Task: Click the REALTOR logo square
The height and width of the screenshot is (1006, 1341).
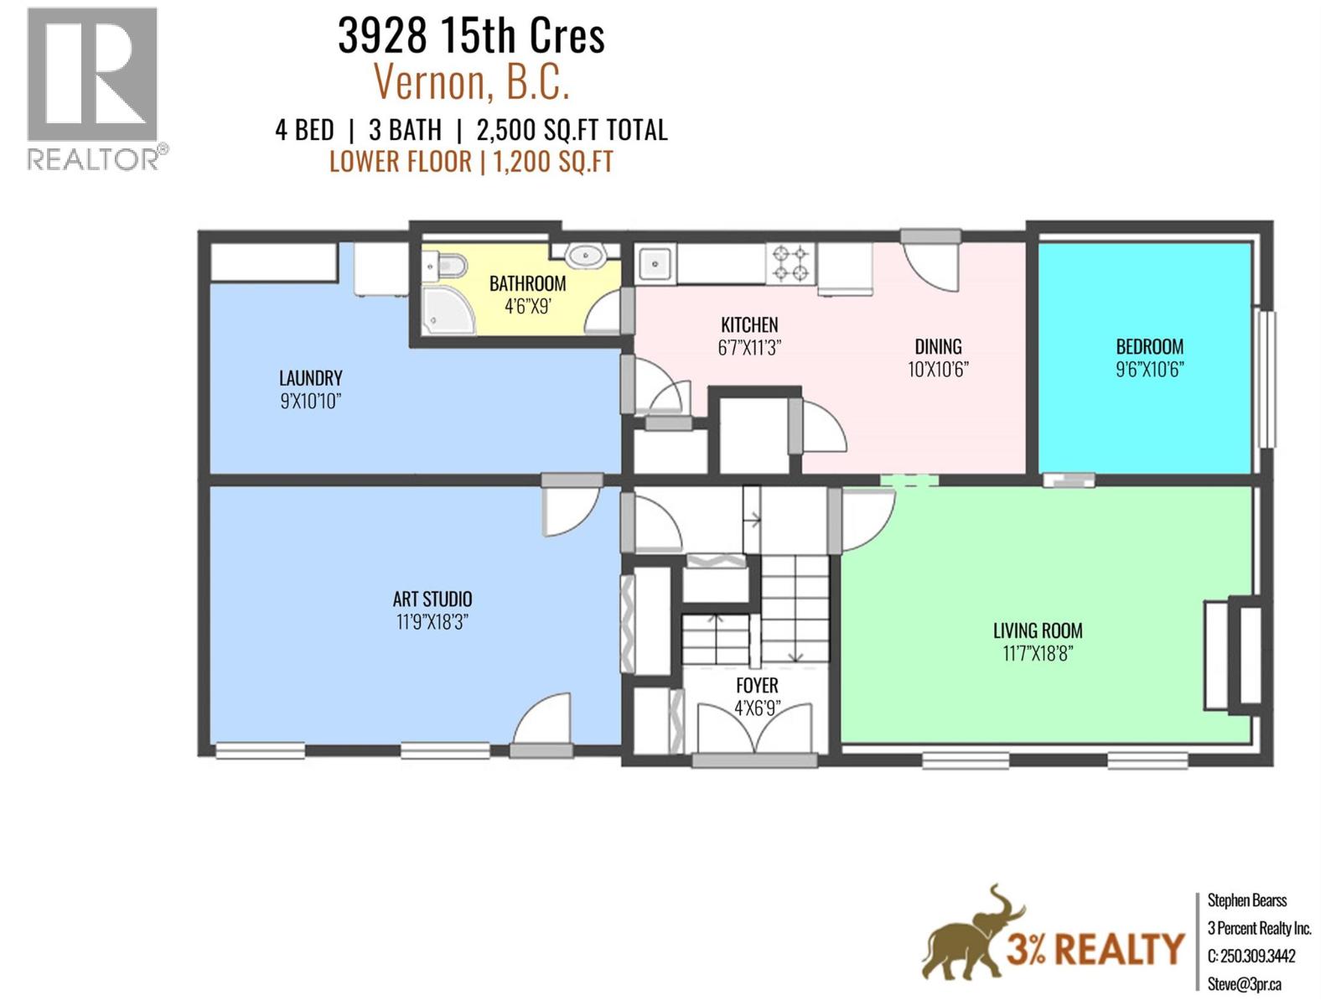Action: (x=92, y=74)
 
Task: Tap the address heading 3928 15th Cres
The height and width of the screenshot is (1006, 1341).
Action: (x=471, y=36)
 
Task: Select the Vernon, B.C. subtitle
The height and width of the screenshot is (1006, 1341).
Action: (x=471, y=82)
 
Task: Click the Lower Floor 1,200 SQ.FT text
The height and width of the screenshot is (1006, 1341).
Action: (x=471, y=161)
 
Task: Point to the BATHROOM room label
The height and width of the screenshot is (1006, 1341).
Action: (x=527, y=283)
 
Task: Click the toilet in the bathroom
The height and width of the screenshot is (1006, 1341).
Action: (x=445, y=267)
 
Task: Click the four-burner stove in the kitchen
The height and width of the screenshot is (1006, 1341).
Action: (x=791, y=263)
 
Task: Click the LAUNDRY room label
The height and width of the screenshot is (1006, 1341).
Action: (x=310, y=378)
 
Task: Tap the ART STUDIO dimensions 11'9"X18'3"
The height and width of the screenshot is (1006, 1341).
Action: (x=432, y=622)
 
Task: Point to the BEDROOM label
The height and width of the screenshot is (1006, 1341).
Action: (x=1149, y=346)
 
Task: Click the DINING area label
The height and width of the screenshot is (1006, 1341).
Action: (x=938, y=346)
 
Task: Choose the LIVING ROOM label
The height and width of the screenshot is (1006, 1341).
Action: (x=1038, y=630)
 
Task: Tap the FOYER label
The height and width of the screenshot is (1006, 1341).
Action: (x=757, y=686)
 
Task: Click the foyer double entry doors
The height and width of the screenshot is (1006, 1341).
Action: (x=755, y=729)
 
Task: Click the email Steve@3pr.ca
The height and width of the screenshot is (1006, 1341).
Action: (x=1244, y=984)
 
